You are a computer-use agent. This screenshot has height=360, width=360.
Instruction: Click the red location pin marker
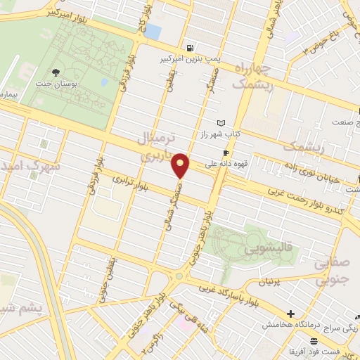[181, 165]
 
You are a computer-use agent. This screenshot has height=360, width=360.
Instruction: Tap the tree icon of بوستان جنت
[56, 72]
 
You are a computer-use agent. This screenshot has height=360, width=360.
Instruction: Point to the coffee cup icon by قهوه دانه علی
[226, 153]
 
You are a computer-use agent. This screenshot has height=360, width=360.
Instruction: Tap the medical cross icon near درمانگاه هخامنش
[290, 314]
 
